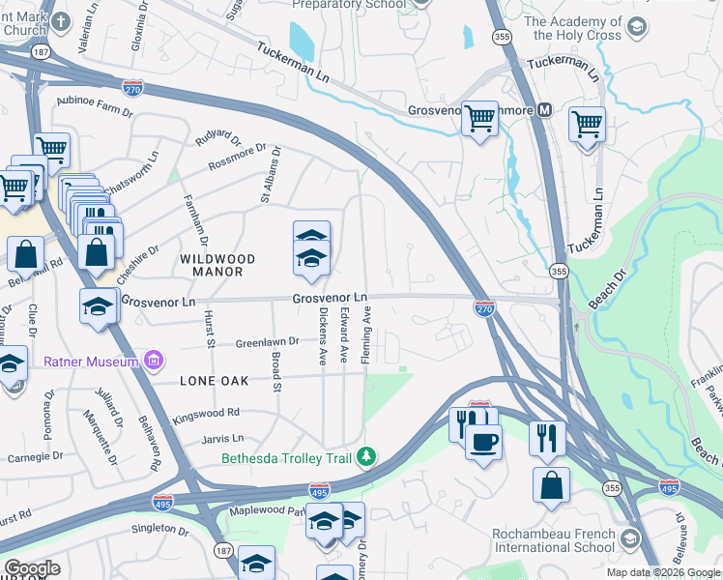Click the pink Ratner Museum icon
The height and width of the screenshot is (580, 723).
point(152,362)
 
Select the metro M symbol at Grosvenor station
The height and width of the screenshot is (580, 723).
point(546,110)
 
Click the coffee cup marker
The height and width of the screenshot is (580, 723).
point(483,441)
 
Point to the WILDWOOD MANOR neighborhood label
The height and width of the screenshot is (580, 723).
point(217,266)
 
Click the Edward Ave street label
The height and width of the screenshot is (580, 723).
point(345,335)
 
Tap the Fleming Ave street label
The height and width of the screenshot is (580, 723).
point(367,335)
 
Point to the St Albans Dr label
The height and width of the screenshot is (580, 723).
point(269,174)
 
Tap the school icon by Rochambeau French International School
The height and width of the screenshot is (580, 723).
point(630,537)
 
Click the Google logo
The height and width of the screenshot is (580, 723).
point(32,568)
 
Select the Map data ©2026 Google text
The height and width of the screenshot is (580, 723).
point(663,572)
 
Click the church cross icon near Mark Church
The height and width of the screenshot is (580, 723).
point(61,21)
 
